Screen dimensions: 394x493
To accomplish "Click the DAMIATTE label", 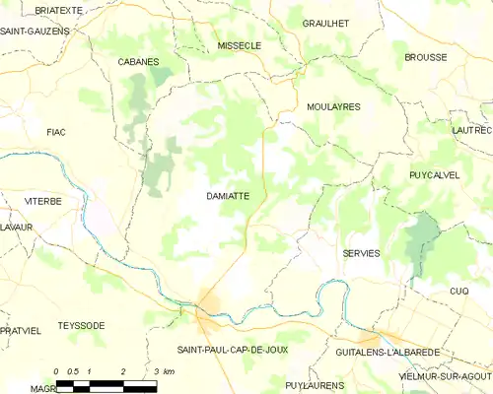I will coord(228,196).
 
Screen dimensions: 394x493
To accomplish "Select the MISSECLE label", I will coord(239,45).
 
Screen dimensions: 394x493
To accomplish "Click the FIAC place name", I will coord(55,131).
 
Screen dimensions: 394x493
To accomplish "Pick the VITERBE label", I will coord(42,201).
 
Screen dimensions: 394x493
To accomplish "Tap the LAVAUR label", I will coord(17,228).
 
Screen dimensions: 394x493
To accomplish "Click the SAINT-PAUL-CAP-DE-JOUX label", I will coord(233,351).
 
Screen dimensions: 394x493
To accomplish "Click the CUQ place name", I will coord(458,291).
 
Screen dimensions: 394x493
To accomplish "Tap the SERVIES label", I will coord(361,253).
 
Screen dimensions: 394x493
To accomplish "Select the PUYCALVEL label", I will coord(435,174).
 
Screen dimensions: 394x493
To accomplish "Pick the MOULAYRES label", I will coord(333,105).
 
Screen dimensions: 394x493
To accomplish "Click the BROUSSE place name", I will coord(425,57).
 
